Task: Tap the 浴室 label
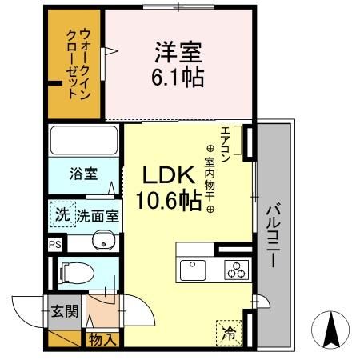[x=83, y=173]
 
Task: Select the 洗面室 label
[x=98, y=215]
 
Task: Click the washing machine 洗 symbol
[x=62, y=214]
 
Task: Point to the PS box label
[x=54, y=245]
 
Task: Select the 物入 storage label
[x=102, y=340]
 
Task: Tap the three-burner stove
[x=234, y=270]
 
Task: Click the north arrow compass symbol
[x=330, y=330]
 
